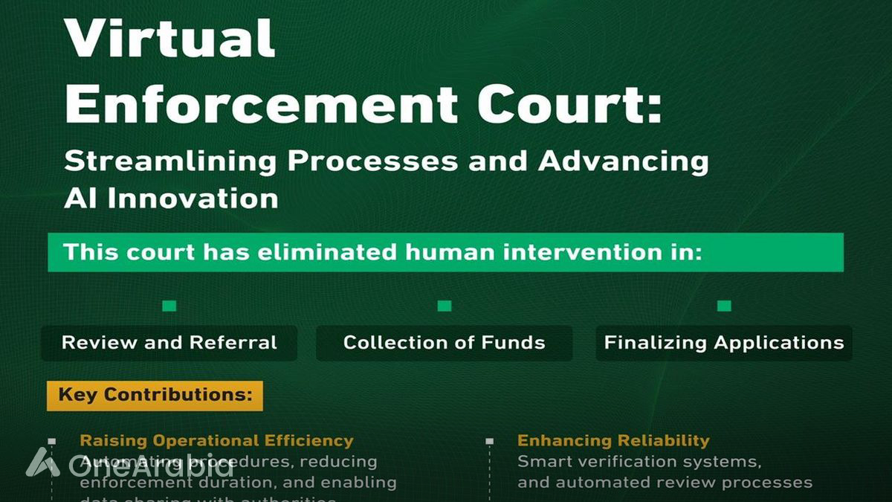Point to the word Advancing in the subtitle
click(x=624, y=162)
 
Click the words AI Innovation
click(x=171, y=198)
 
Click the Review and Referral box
click(x=169, y=343)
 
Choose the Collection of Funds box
click(x=445, y=343)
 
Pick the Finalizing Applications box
click(x=724, y=343)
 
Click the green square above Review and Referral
click(x=169, y=306)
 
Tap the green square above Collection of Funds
click(x=445, y=306)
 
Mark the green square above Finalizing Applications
click(x=724, y=306)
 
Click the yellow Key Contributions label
click(x=155, y=395)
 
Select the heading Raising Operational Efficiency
click(x=216, y=440)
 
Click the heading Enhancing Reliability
click(x=613, y=440)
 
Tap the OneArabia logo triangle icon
click(x=43, y=463)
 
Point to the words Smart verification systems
click(x=639, y=461)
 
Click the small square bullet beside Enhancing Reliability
click(x=489, y=441)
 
